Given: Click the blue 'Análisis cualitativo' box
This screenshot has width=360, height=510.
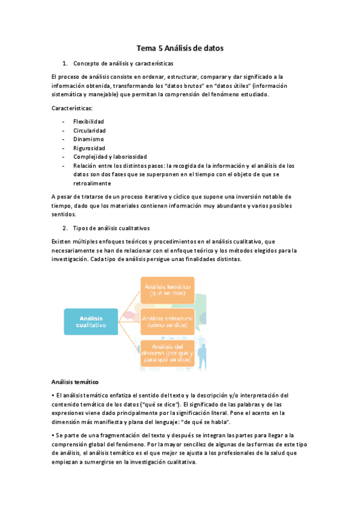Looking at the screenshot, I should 91,321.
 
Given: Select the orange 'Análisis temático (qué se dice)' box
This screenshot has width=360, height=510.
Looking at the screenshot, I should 168,289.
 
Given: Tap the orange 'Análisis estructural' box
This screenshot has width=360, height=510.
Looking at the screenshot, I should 168,321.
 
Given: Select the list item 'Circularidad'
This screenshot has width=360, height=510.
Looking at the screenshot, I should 90,130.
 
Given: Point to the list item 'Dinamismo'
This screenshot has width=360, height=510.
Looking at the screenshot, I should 88,139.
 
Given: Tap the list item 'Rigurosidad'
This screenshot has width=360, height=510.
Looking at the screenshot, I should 89,148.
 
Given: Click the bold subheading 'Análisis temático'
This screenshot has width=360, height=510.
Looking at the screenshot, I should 75,382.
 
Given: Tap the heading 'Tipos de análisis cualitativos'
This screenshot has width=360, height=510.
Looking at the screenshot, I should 111,228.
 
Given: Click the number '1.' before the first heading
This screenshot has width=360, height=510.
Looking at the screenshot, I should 65,63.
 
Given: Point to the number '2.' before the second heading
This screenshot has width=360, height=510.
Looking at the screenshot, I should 65,228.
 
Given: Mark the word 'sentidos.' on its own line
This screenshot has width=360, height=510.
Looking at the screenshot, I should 64,214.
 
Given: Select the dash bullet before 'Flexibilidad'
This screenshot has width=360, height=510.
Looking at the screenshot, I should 63,121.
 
